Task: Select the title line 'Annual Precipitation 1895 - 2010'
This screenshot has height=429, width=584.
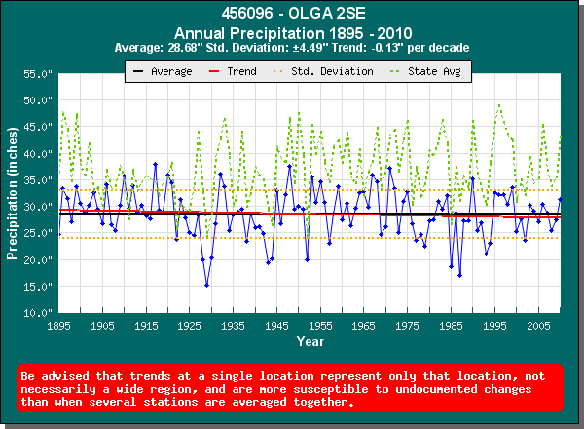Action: pyautogui.click(x=291, y=32)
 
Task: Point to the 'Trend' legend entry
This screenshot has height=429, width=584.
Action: pyautogui.click(x=235, y=71)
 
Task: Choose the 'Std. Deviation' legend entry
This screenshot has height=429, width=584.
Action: pyautogui.click(x=325, y=71)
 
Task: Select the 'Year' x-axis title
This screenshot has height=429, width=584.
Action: pyautogui.click(x=310, y=342)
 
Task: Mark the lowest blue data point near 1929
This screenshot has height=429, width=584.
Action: pyautogui.click(x=206, y=285)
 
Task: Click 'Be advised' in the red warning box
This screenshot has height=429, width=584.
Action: pyautogui.click(x=55, y=375)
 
